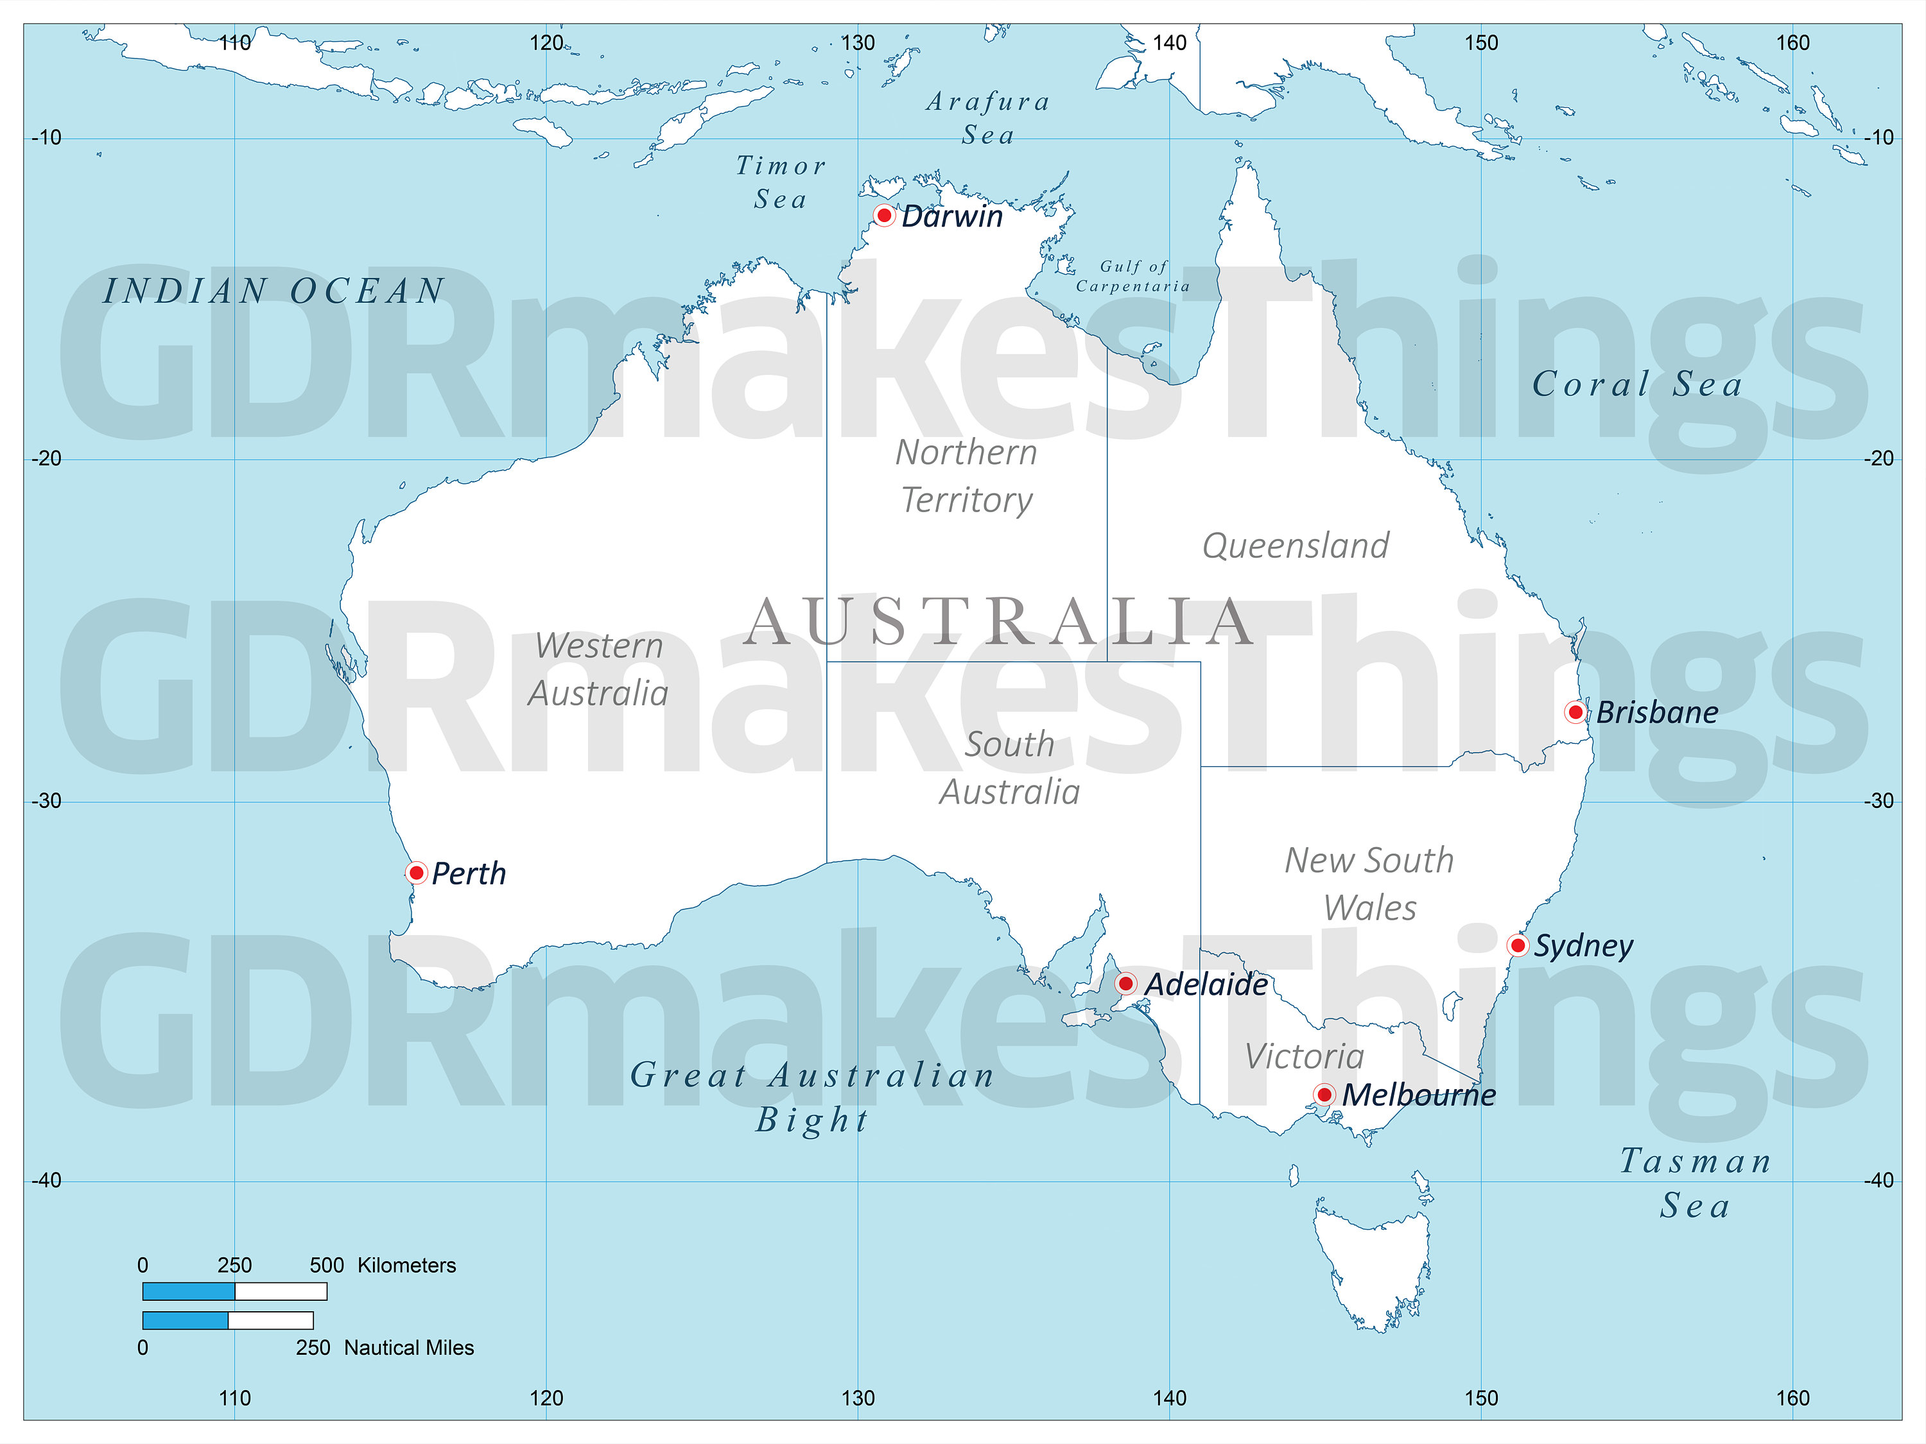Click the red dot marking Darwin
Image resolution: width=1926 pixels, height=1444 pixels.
pyautogui.click(x=884, y=215)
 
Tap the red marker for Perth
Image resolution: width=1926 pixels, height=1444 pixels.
pyautogui.click(x=416, y=872)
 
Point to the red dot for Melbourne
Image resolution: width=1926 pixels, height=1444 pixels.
pyautogui.click(x=1323, y=1094)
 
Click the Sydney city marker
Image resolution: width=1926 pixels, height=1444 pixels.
pyautogui.click(x=1518, y=945)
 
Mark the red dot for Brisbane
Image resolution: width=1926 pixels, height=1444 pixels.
pyautogui.click(x=1575, y=712)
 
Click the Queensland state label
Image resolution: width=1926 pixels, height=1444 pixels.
pyautogui.click(x=1296, y=546)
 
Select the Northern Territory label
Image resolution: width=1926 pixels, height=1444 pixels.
pyautogui.click(x=966, y=476)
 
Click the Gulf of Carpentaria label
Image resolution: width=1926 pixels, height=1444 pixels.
pyautogui.click(x=1132, y=276)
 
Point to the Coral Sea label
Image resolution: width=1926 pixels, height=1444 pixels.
pyautogui.click(x=1637, y=384)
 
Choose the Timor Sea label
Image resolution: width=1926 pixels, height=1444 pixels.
pyautogui.click(x=780, y=182)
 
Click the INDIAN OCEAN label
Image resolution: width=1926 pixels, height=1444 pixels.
pyautogui.click(x=274, y=291)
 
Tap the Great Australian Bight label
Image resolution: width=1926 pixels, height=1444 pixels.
pyautogui.click(x=812, y=1097)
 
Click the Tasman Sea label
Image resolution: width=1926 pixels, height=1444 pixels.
pyautogui.click(x=1696, y=1183)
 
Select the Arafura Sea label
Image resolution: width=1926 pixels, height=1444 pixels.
pyautogui.click(x=988, y=117)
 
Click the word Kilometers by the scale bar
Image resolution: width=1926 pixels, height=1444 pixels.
pyautogui.click(x=406, y=1265)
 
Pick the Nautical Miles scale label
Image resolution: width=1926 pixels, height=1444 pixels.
pyautogui.click(x=409, y=1347)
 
